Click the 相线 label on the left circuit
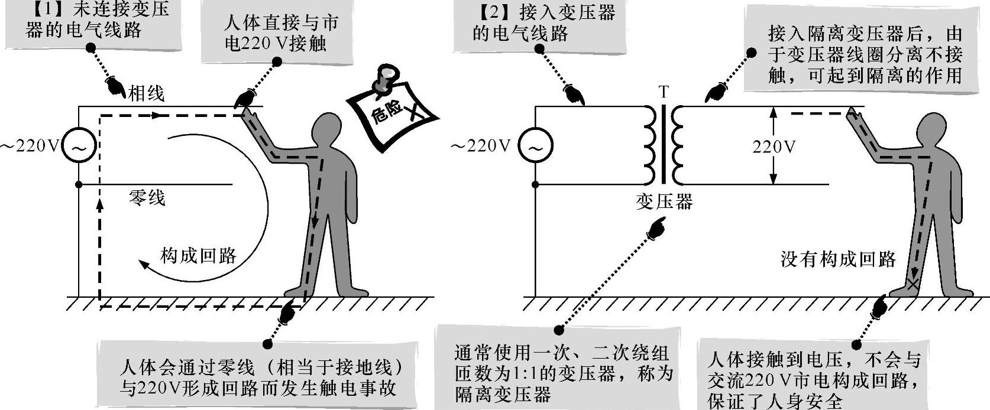tap(146, 93)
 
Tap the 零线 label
tap(147, 197)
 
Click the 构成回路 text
tap(198, 255)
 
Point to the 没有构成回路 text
tap(838, 259)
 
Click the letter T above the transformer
tap(664, 92)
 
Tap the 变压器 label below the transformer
tap(664, 202)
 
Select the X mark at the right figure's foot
tap(914, 284)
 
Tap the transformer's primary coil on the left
tap(649, 145)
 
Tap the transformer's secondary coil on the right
tap(677, 145)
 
